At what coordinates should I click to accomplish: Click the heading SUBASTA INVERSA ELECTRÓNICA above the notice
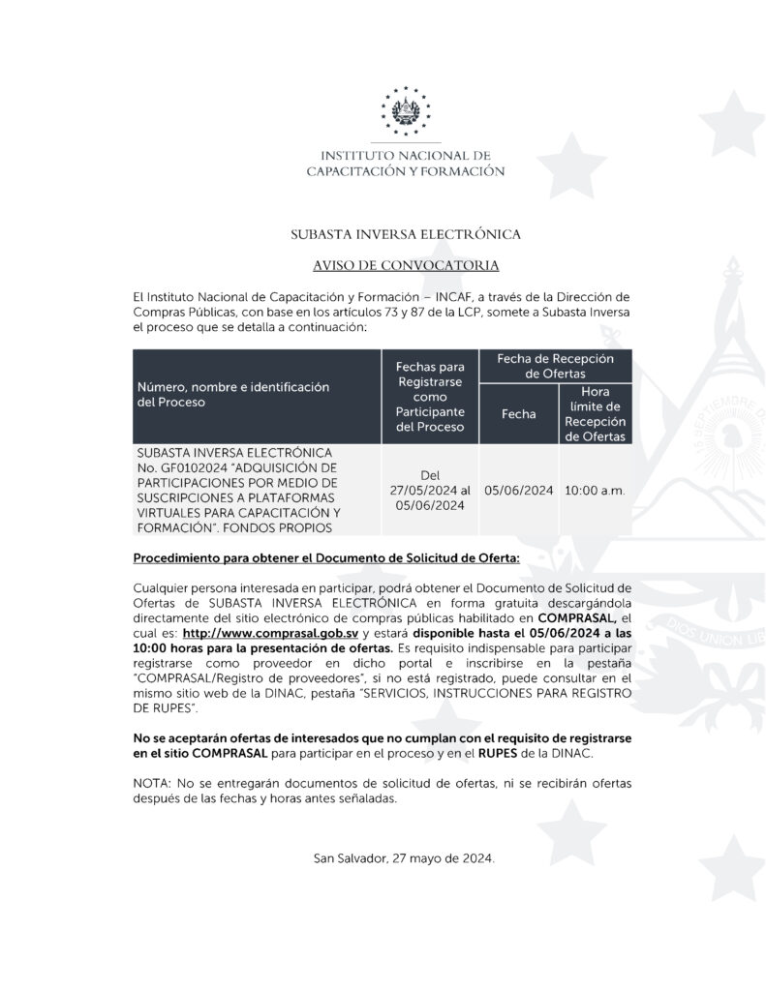406,234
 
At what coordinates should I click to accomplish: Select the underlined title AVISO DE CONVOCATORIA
406,265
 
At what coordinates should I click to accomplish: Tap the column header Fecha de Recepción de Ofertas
555,365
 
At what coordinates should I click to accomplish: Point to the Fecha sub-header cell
518,413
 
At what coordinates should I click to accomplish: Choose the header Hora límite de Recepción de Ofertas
596,413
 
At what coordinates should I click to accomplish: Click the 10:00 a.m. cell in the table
595,490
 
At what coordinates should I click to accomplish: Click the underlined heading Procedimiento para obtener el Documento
326,558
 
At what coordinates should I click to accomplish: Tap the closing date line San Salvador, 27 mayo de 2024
404,858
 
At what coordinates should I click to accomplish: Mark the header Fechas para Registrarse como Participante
430,397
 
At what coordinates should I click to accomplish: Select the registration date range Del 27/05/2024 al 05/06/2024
430,490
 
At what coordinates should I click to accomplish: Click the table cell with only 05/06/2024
518,490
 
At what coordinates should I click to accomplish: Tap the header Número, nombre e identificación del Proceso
232,394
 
